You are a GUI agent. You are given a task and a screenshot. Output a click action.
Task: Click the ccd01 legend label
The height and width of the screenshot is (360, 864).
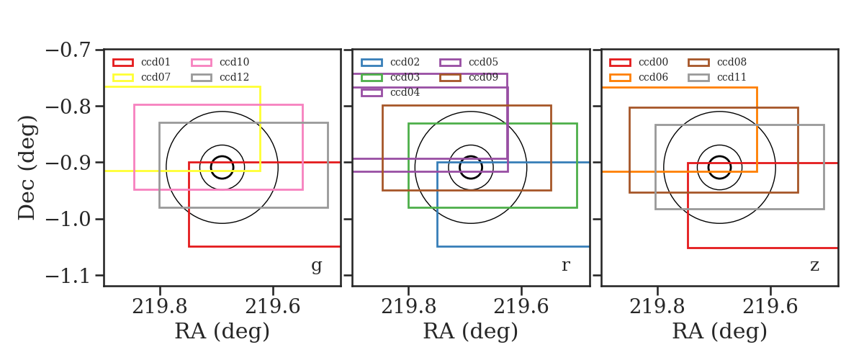point(156,62)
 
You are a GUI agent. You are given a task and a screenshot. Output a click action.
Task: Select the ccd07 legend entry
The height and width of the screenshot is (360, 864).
point(156,77)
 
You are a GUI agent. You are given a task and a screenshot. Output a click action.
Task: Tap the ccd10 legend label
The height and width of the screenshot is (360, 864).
point(234,62)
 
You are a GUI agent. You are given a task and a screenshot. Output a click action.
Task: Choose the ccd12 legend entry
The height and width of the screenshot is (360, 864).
point(234,77)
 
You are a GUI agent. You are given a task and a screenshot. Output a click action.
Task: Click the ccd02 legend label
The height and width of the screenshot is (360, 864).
point(405,62)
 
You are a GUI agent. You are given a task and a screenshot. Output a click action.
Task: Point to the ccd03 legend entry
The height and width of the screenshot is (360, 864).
point(405,77)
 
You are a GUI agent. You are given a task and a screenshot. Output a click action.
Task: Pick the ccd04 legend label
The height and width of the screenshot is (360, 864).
point(405,93)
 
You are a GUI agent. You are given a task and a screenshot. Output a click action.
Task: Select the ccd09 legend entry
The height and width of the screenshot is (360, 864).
point(483,77)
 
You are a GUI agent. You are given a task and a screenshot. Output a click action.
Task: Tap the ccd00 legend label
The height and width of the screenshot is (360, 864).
point(653,62)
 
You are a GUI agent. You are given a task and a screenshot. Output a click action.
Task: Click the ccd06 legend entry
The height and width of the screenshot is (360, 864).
point(653,77)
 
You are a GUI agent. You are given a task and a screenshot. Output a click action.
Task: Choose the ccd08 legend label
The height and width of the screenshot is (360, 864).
point(732,62)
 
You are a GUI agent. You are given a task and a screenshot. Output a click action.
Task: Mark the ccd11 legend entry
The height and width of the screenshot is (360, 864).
point(732,77)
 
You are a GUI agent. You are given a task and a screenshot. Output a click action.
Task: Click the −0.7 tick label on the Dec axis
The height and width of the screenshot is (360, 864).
point(68,50)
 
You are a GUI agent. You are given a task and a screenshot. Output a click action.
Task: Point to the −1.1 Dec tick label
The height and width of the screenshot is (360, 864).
point(68,276)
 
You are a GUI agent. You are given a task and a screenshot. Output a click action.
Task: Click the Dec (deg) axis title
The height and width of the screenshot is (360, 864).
point(27,168)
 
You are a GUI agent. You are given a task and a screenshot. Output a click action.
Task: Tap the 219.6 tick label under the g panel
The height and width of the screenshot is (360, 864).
point(273,307)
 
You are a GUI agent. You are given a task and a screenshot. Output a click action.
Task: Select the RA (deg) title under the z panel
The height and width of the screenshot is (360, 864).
point(719,331)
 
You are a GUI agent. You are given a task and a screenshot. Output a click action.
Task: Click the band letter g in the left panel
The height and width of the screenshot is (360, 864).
point(317,266)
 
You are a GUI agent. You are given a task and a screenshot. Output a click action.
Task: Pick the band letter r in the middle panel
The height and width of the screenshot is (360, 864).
point(566,265)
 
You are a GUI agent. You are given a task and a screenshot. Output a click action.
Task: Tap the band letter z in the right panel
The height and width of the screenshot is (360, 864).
point(814,266)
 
